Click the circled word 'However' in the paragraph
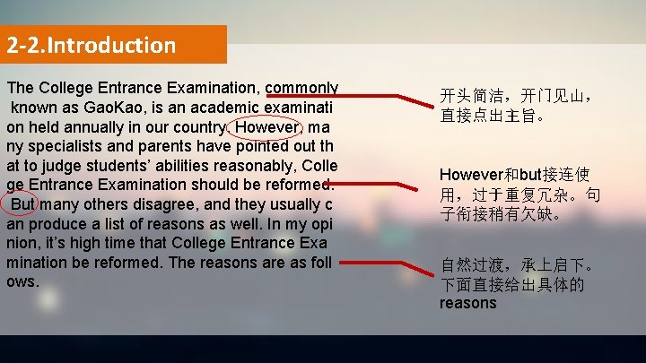click(266, 126)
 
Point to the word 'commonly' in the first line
click(301, 88)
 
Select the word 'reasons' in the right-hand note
click(467, 303)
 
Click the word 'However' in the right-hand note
click(473, 174)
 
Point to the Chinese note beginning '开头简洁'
click(519, 104)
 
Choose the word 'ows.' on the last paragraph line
click(22, 281)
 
